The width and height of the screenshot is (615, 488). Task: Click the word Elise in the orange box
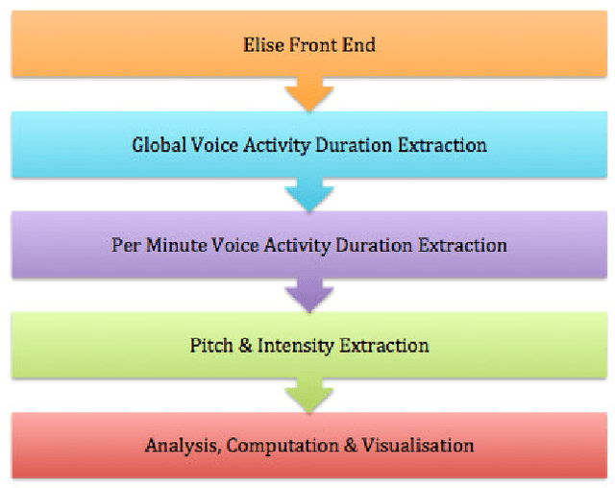click(258, 44)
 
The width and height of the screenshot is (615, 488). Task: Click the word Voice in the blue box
click(209, 145)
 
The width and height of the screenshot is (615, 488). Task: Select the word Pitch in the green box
click(210, 345)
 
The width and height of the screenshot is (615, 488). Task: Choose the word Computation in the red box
click(273, 446)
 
